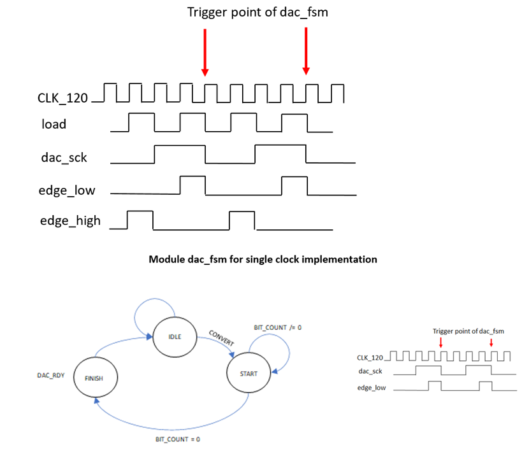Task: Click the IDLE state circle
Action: [173, 337]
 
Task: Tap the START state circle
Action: [249, 373]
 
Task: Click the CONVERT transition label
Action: [221, 338]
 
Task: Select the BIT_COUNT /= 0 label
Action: [277, 327]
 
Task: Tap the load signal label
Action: [54, 124]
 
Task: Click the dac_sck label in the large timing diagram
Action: [64, 159]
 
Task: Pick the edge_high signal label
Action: [71, 221]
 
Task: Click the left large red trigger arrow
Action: [205, 52]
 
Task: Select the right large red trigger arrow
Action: [307, 52]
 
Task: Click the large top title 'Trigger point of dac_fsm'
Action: [257, 12]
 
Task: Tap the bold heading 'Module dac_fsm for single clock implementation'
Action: [263, 259]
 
